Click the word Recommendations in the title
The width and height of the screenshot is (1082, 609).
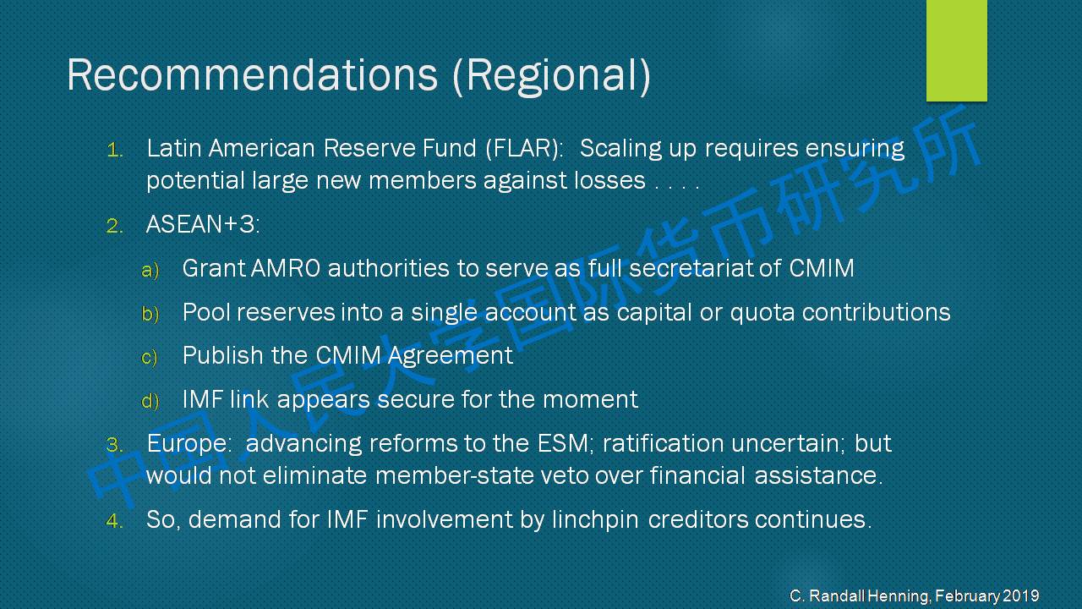252,74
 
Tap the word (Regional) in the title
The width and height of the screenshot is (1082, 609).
552,76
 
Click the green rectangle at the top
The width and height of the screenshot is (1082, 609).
956,50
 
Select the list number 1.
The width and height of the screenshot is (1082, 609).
114,151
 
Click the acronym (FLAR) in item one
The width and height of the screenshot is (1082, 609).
524,148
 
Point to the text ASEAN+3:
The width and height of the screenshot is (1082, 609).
203,224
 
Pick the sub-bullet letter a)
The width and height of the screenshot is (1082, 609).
150,270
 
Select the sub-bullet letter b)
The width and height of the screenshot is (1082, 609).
150,314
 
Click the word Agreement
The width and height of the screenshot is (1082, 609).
450,357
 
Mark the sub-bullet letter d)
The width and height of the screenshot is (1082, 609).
150,401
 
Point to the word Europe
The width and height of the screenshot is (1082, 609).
187,444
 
